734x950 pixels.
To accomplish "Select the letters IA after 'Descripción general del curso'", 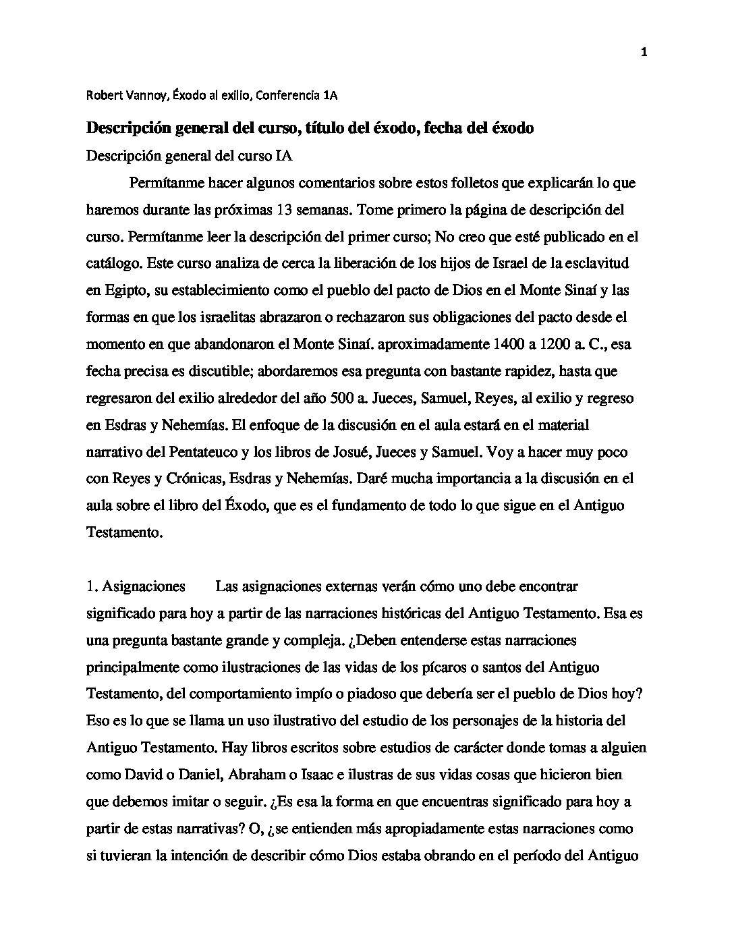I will (x=284, y=156).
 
